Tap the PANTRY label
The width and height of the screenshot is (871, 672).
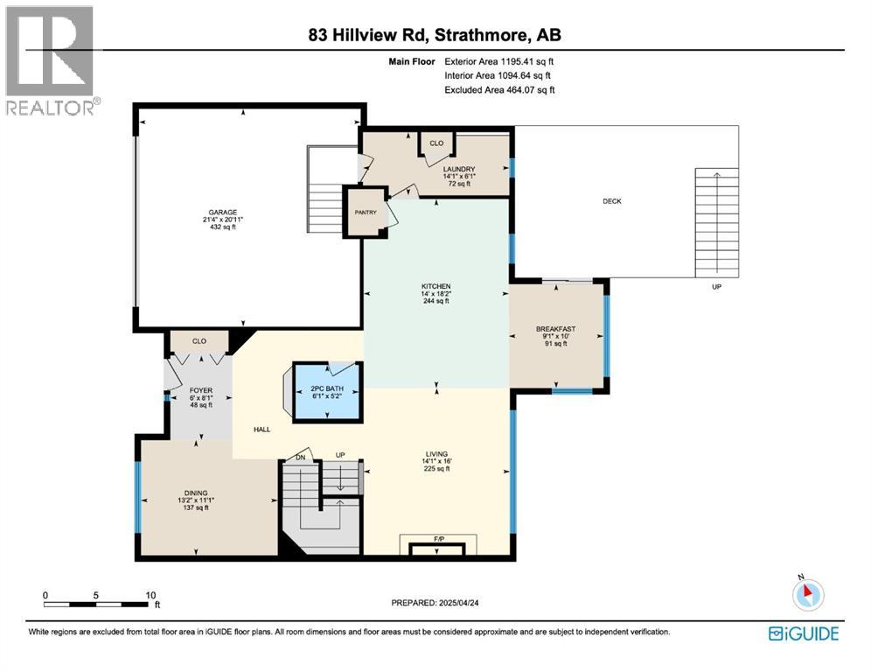tap(366, 212)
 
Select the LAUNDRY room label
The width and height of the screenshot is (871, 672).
tap(459, 170)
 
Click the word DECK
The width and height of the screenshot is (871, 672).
tap(612, 201)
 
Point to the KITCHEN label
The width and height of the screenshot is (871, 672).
tap(435, 286)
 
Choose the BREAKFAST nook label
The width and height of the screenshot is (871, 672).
tap(557, 330)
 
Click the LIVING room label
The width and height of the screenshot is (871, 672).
tap(436, 454)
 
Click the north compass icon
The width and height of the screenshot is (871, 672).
tap(808, 594)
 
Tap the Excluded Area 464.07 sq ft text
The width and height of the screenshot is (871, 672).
tap(499, 89)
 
